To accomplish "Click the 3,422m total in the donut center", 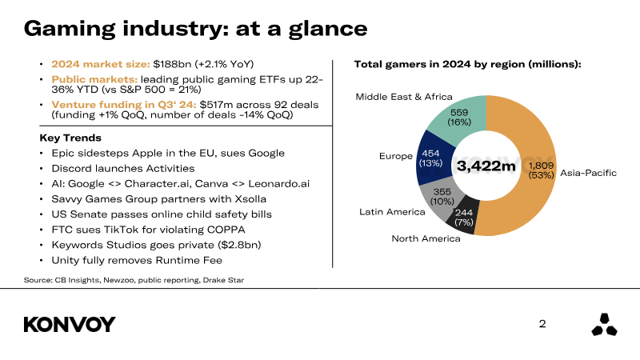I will click(486, 166).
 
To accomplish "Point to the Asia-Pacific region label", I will click(588, 172).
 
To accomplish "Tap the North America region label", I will click(425, 238).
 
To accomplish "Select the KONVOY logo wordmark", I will click(70, 324).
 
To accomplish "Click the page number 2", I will click(542, 324).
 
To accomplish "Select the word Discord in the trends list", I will click(70, 168).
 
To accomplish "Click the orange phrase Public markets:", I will click(94, 80).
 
